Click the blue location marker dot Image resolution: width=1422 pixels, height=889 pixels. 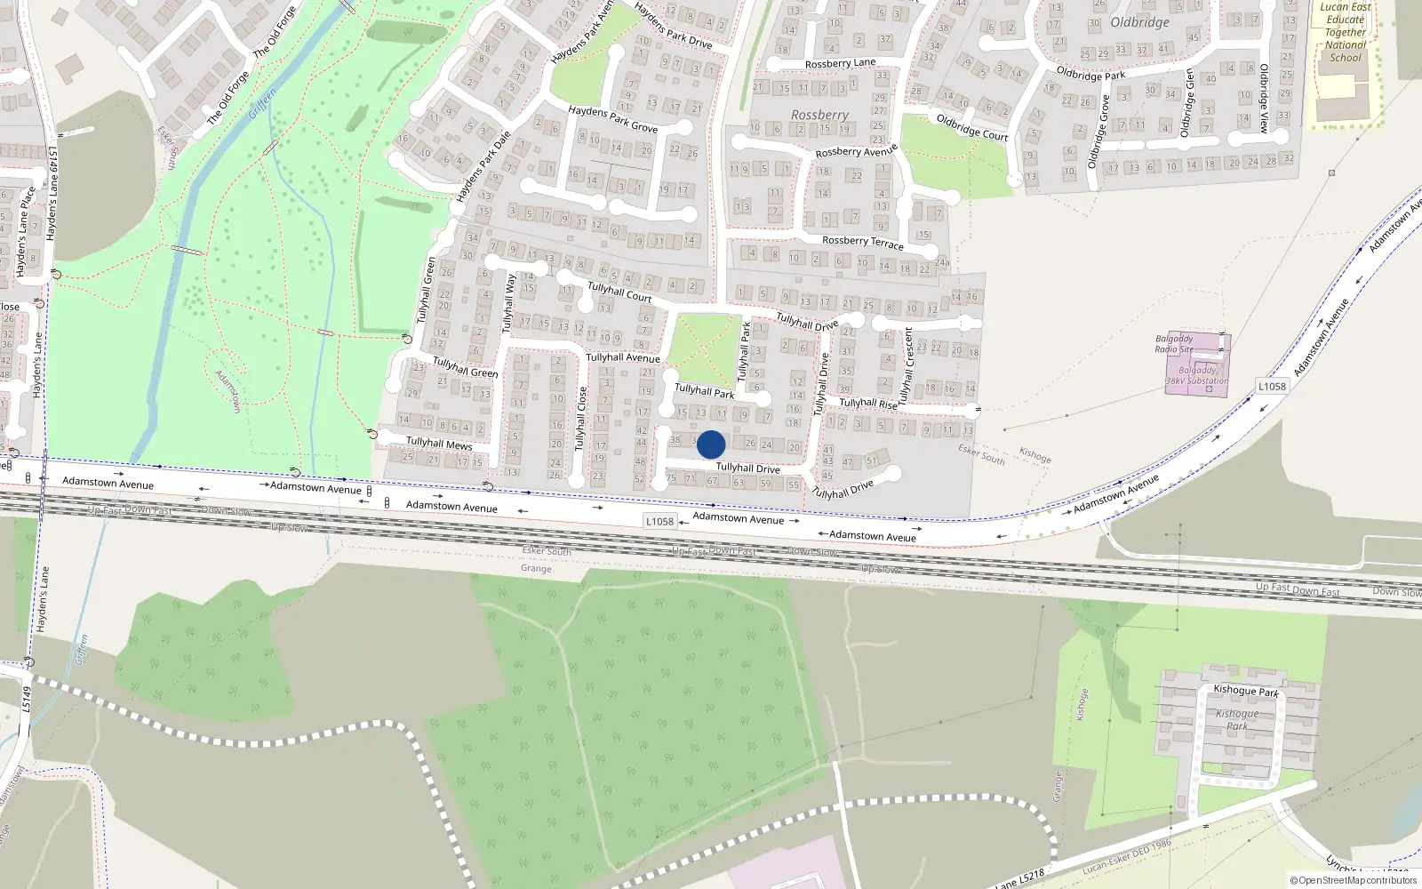tap(711, 444)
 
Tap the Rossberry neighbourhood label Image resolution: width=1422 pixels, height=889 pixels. tap(819, 116)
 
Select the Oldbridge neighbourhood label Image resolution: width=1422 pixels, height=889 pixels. tap(1139, 22)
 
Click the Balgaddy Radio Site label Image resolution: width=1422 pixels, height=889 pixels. tap(1174, 344)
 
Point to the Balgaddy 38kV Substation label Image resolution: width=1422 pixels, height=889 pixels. tap(1197, 375)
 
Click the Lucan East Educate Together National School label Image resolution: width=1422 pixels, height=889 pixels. tap(1346, 32)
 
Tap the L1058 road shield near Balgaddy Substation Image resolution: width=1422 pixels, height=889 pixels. tap(1272, 386)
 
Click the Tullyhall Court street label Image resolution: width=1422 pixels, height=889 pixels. tap(619, 292)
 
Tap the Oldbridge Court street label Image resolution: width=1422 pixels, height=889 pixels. tap(971, 128)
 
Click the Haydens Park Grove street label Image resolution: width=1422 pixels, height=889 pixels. tap(612, 119)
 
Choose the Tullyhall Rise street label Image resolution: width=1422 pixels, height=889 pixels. tap(868, 403)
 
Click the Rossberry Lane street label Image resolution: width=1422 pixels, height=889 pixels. tap(840, 64)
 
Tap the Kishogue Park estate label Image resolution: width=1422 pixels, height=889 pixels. tap(1237, 720)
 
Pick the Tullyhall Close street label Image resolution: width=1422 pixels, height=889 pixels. tap(580, 418)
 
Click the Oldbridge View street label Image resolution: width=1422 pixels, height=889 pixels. tap(1264, 99)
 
